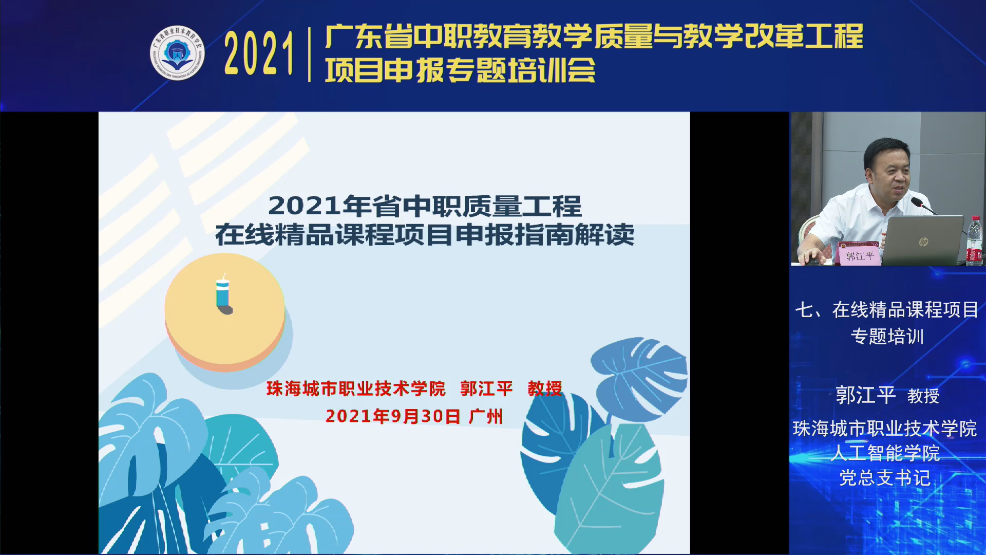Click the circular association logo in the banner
(x=177, y=53)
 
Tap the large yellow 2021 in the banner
(x=259, y=53)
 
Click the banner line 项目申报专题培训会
(x=460, y=70)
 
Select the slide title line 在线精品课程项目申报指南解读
(x=425, y=235)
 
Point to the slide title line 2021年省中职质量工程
(x=425, y=206)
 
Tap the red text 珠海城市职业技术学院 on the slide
(x=356, y=388)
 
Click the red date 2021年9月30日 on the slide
(x=393, y=416)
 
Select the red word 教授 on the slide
(x=545, y=388)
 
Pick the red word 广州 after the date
(x=485, y=416)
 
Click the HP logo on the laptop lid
(x=923, y=241)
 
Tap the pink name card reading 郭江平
(x=859, y=254)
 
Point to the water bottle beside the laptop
(x=974, y=240)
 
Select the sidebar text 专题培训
(x=887, y=337)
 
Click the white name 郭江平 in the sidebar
(x=865, y=395)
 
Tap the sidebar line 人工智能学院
(x=885, y=453)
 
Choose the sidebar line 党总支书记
(x=885, y=478)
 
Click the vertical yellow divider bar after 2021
(x=309, y=54)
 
